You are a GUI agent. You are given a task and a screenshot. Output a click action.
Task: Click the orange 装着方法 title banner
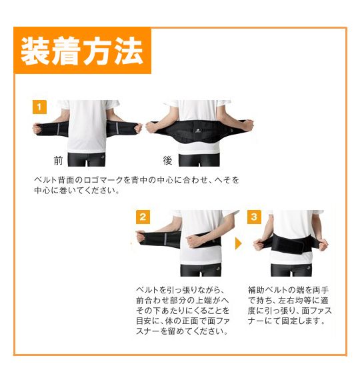(83, 50)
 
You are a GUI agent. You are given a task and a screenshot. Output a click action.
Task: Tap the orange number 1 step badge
(39, 107)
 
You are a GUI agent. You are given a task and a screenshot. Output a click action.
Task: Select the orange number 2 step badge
(143, 217)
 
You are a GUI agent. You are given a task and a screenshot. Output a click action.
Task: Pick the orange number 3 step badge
(254, 217)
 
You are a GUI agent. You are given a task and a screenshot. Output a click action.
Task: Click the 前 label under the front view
(58, 161)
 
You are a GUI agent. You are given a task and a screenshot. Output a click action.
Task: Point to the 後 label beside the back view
(167, 161)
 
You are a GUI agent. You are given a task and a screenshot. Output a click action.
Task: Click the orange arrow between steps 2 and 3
(238, 243)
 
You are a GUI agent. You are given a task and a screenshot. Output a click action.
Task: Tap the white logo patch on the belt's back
(198, 131)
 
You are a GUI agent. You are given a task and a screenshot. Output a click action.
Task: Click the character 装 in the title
(36, 51)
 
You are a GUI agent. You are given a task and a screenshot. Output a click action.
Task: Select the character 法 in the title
(129, 51)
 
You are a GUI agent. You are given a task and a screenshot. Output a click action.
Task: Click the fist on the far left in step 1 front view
(37, 128)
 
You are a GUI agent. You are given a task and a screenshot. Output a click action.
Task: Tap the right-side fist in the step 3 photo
(323, 245)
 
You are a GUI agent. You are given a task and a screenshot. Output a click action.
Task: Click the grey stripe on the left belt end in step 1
(58, 129)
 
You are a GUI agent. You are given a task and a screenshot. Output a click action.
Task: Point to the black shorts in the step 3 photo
(291, 269)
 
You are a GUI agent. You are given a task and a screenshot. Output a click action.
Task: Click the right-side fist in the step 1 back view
(247, 125)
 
